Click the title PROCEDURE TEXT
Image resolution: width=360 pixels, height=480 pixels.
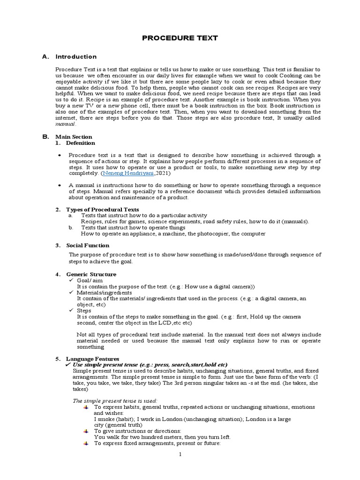pos(180,38)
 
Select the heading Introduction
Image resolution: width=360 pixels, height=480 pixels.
pos(76,57)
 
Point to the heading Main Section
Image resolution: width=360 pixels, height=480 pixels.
pos(74,137)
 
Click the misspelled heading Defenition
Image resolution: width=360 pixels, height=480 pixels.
pos(81,143)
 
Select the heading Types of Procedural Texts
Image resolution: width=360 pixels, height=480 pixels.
pos(102,209)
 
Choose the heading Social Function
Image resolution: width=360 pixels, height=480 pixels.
pos(88,245)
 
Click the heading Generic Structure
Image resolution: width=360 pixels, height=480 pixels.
pos(91,274)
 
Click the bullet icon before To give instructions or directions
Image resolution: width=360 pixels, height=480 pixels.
pos(86,431)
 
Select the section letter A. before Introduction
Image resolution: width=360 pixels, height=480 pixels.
pos(45,57)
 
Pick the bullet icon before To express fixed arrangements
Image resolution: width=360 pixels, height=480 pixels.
pos(86,443)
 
